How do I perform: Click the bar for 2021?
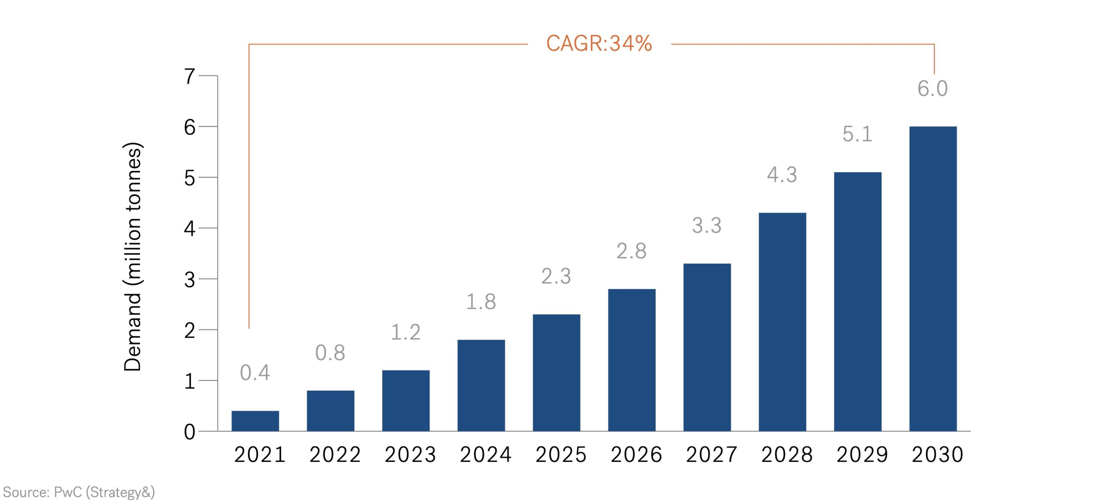point(255,421)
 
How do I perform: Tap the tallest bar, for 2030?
point(933,279)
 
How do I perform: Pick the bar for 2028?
point(782,322)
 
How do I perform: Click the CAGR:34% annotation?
point(599,44)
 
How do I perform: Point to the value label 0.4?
point(255,372)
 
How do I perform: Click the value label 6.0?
point(932,89)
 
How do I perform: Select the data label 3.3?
point(707,226)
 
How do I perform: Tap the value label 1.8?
point(481,302)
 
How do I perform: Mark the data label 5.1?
point(857,134)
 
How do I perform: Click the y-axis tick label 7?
point(190,77)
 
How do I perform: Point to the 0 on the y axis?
point(190,432)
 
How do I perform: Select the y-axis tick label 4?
point(190,229)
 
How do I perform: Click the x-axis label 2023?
point(410,455)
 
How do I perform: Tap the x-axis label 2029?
point(862,455)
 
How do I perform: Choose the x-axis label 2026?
point(636,455)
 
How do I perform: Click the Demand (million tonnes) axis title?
point(133,257)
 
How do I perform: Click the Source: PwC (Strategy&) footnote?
point(79,492)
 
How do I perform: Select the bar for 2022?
point(330,410)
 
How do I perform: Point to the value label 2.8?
point(631,251)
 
